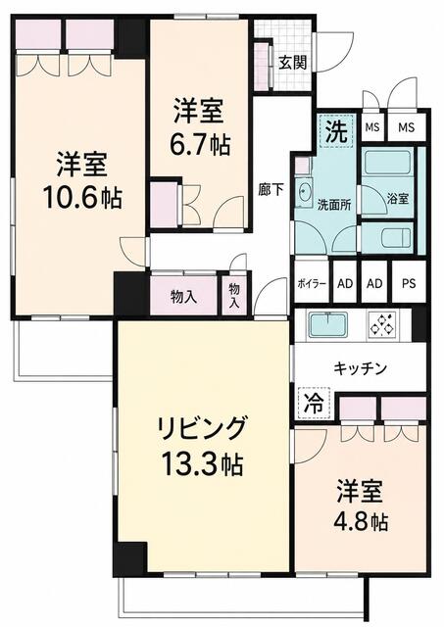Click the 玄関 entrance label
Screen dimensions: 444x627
coord(293,63)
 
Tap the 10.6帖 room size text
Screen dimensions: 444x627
coord(82,198)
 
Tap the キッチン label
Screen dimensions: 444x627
coord(361,368)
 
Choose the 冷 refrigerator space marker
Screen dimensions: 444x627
coord(315,404)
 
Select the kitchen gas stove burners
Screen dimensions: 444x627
coord(383,323)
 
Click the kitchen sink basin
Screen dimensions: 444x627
coord(328,324)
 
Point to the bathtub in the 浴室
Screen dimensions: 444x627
coord(388,162)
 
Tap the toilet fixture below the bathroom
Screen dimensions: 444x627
coord(396,237)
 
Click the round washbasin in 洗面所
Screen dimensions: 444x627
coord(305,194)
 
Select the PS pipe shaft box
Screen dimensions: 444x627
coord(409,282)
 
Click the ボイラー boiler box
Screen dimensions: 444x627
coord(312,282)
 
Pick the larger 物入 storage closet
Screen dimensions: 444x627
coord(183,296)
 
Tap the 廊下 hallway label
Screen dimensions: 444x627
coord(271,189)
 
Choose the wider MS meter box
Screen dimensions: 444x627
coord(407,127)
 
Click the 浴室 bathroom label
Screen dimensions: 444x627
coord(398,198)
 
